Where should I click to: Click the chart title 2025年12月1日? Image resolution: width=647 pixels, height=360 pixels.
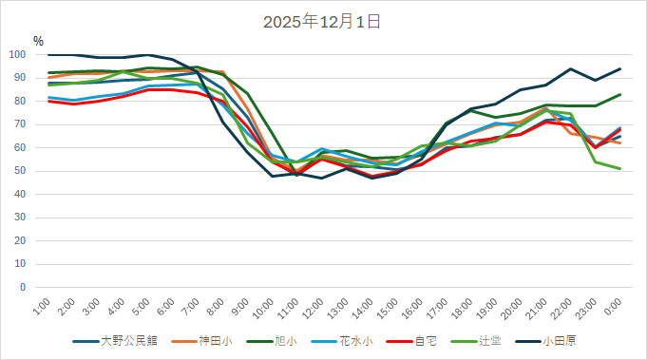click(x=322, y=20)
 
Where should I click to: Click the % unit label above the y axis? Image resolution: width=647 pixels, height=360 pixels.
click(x=38, y=41)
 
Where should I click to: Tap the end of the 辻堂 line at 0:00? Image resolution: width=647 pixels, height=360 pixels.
click(x=619, y=169)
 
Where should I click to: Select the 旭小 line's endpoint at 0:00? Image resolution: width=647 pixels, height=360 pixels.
click(x=619, y=95)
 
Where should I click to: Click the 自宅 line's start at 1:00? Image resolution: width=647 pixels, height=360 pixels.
click(x=49, y=102)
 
